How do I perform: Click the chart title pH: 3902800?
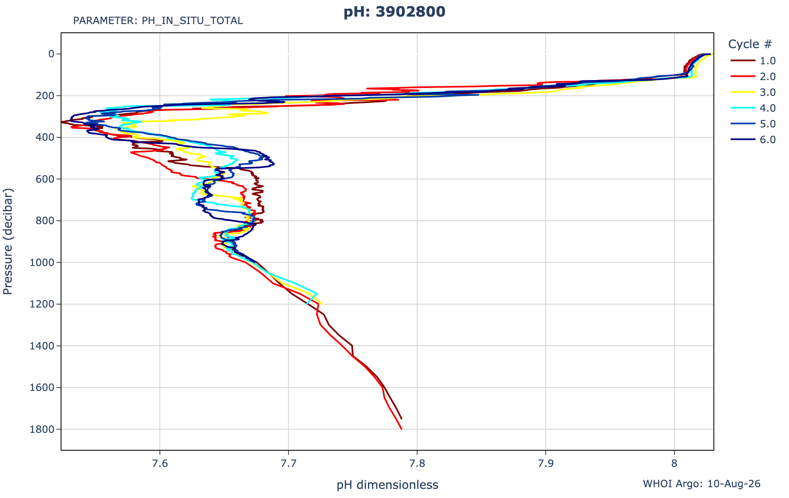394,12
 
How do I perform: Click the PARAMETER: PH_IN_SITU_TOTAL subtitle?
158,21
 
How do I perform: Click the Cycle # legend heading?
750,44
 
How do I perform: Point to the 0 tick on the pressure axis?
52,54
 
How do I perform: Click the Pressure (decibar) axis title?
8,242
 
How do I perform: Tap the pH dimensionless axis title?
387,485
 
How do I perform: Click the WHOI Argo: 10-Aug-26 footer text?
702,483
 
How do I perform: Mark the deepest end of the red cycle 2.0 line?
402,429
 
